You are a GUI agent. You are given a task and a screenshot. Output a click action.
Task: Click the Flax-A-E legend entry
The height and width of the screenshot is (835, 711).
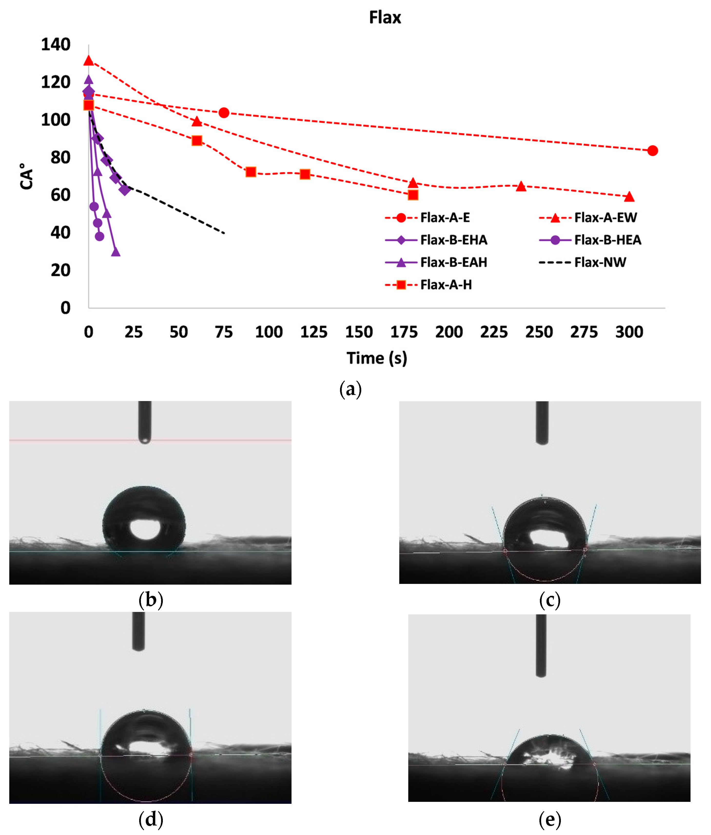tap(445, 218)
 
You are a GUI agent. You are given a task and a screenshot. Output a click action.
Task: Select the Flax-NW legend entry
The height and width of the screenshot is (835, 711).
tap(600, 262)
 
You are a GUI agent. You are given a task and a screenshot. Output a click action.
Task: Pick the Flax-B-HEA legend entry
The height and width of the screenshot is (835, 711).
tap(607, 240)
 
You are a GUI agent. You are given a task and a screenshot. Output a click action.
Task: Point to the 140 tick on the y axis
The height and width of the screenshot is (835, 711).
tap(56, 44)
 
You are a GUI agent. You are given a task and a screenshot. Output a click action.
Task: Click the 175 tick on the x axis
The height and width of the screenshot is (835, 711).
tap(404, 332)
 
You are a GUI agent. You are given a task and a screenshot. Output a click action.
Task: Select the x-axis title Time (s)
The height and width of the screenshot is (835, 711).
tap(377, 358)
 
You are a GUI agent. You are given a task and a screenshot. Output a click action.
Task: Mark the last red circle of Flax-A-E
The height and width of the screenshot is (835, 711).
tap(653, 151)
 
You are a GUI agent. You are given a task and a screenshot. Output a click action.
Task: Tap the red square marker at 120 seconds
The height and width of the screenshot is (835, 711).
tap(305, 174)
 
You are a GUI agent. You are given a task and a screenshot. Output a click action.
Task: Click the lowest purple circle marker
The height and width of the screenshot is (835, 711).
tap(99, 236)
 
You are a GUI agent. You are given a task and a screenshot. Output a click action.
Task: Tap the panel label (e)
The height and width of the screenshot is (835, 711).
tap(549, 819)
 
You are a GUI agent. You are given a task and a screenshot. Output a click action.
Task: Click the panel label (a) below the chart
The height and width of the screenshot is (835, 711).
tap(351, 389)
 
